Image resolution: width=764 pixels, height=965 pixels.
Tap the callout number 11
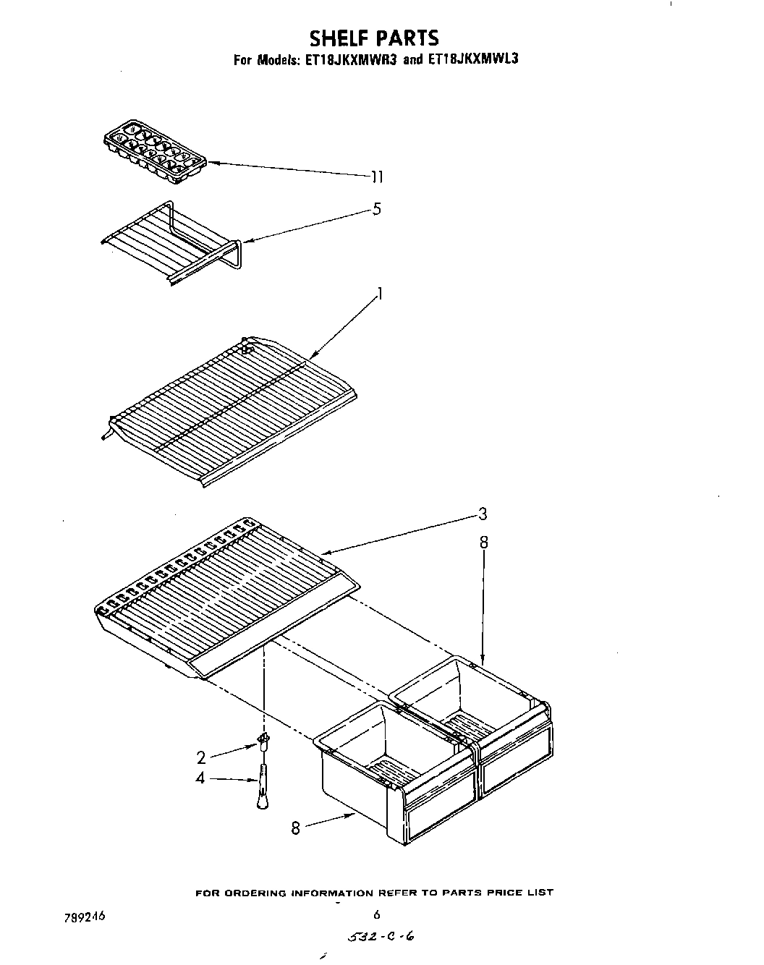[376, 177]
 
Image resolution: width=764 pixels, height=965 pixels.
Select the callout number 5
[376, 210]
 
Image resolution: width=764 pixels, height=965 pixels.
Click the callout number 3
[482, 514]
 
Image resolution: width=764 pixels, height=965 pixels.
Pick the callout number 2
[202, 757]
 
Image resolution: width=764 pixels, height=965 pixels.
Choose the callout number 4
[201, 778]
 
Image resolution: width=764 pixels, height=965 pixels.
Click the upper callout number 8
[484, 543]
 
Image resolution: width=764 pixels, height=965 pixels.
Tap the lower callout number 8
[295, 828]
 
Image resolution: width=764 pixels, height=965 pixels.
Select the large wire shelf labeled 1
[232, 405]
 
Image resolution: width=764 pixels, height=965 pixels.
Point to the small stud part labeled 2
[263, 740]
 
